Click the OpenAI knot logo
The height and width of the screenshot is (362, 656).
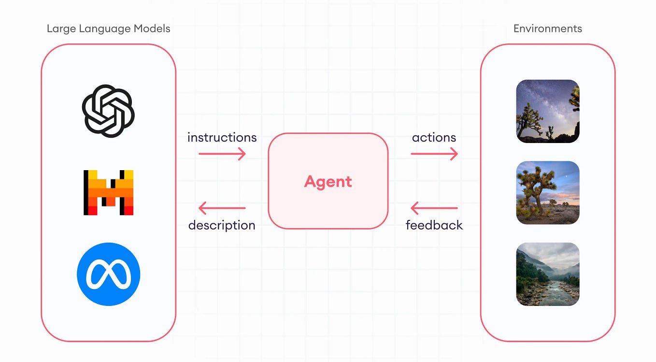pyautogui.click(x=108, y=111)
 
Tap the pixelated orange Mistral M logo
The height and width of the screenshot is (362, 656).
pyautogui.click(x=108, y=192)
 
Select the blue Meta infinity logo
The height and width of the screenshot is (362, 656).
pyautogui.click(x=108, y=274)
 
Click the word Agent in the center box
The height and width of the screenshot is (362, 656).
pyautogui.click(x=328, y=181)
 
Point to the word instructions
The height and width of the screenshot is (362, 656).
pyautogui.click(x=222, y=138)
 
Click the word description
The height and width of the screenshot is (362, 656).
pyautogui.click(x=222, y=225)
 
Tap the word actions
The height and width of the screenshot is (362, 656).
pyautogui.click(x=434, y=138)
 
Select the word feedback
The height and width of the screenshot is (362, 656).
pyautogui.click(x=434, y=225)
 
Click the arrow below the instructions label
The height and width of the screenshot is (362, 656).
pyautogui.click(x=222, y=154)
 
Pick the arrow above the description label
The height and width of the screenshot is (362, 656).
pyautogui.click(x=222, y=208)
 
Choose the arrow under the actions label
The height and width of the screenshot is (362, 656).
pyautogui.click(x=434, y=154)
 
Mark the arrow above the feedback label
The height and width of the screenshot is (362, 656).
pyautogui.click(x=434, y=208)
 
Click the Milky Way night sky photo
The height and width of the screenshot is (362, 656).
pyautogui.click(x=547, y=111)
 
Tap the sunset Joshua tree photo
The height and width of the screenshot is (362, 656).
pyautogui.click(x=547, y=192)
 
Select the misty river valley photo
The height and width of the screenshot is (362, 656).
pyautogui.click(x=547, y=274)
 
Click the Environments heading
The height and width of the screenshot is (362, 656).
pyautogui.click(x=547, y=29)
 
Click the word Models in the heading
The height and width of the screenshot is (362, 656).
pyautogui.click(x=154, y=29)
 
